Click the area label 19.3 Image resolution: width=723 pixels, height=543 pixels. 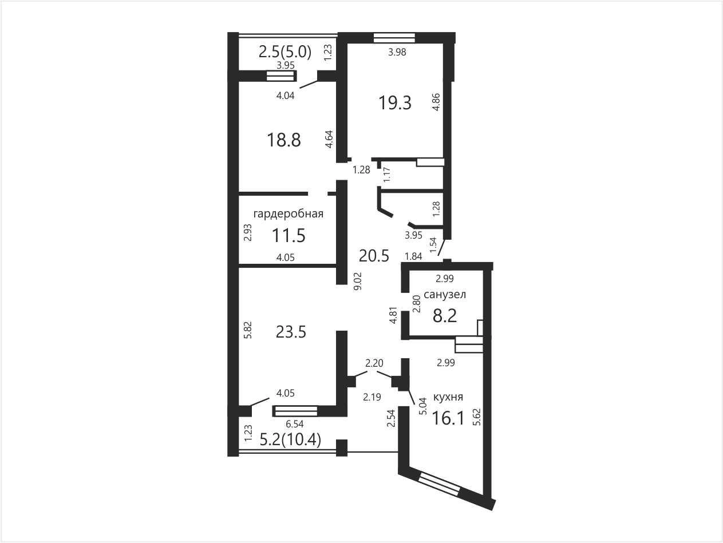click(395, 102)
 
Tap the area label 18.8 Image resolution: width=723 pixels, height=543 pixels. click(283, 140)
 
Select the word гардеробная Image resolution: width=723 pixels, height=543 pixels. click(288, 214)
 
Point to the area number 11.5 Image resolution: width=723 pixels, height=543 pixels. click(289, 236)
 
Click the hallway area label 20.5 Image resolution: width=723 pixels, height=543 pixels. click(374, 256)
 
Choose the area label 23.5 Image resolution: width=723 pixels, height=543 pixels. click(291, 332)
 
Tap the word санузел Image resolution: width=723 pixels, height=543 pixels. click(445, 294)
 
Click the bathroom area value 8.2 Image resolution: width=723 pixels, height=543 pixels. click(445, 316)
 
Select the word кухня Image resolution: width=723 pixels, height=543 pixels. click(448, 397)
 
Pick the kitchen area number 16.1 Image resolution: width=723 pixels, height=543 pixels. click(448, 419)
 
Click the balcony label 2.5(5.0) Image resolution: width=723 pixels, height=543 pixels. click(285, 52)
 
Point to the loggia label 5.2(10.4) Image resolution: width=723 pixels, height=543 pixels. click(290, 441)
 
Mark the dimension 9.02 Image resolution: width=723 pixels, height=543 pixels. click(357, 281)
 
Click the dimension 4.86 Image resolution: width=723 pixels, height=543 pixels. click(436, 102)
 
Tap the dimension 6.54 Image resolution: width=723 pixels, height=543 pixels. click(294, 424)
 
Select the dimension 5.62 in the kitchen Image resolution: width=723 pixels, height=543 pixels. click(477, 417)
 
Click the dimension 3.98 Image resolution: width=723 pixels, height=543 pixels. click(397, 52)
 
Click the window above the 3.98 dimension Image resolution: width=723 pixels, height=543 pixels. click(394, 38)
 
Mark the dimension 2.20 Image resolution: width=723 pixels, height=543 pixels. click(374, 363)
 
